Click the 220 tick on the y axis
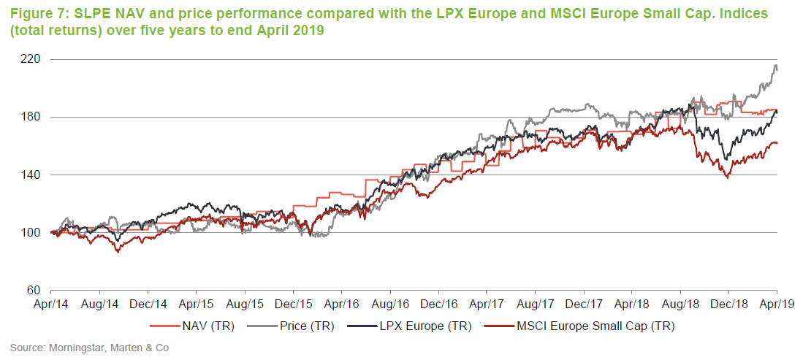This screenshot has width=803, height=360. coord(34,59)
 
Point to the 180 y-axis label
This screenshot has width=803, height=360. coord(34,117)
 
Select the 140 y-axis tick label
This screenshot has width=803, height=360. coord(34,175)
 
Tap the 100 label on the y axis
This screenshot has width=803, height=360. coord(34,233)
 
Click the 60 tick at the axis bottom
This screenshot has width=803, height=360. coord(36,291)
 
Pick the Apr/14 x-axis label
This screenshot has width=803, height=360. coord(51,303)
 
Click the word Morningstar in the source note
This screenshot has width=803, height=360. coord(72,348)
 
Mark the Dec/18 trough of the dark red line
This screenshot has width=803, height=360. coord(726,177)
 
